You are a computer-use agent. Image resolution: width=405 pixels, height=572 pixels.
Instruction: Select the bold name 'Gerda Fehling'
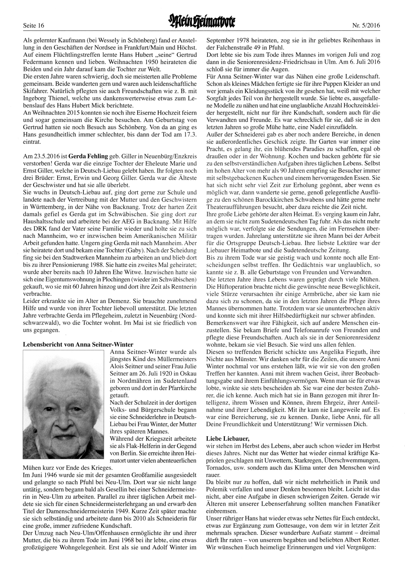click(88, 155)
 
